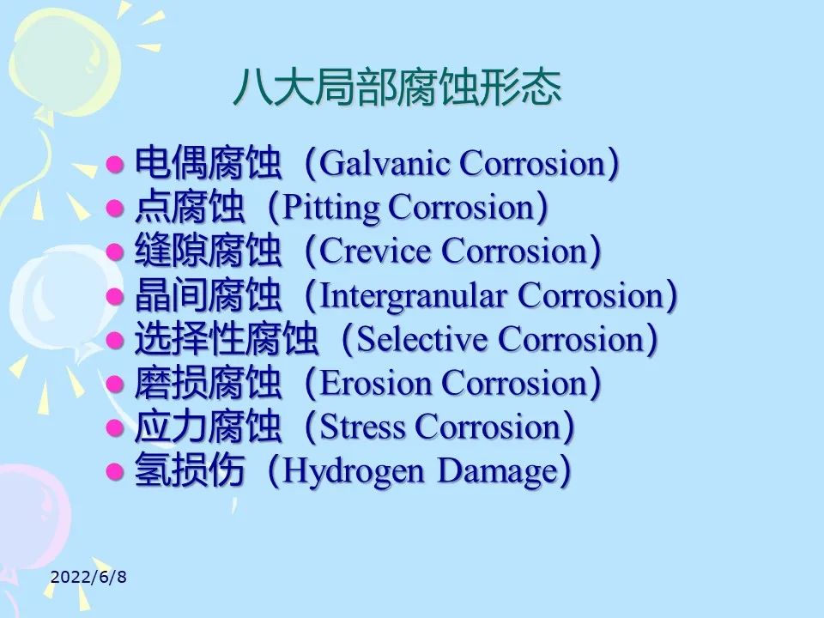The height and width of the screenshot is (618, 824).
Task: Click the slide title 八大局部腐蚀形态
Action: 397,88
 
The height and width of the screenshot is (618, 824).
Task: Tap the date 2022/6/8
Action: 88,577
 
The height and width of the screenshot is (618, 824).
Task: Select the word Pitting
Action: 331,208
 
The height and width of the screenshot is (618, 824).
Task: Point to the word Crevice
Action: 375,251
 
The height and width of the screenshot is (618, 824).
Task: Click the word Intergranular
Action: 414,296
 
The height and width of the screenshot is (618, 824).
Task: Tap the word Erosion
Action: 375,383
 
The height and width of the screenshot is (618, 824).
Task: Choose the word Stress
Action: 362,427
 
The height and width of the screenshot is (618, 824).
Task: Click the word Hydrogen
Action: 353,471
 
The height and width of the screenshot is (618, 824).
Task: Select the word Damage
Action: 497,471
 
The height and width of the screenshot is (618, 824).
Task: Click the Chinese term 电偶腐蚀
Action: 208,163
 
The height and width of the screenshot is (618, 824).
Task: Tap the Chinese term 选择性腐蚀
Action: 226,338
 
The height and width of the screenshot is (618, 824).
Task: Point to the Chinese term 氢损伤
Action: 190,470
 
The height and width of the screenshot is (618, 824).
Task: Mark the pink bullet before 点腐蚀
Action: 115,209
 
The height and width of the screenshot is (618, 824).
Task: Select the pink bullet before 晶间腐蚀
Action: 115,296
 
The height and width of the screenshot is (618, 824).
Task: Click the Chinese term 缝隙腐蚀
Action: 208,251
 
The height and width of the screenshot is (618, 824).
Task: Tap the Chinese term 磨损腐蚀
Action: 208,383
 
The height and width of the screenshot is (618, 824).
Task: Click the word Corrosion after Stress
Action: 488,427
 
